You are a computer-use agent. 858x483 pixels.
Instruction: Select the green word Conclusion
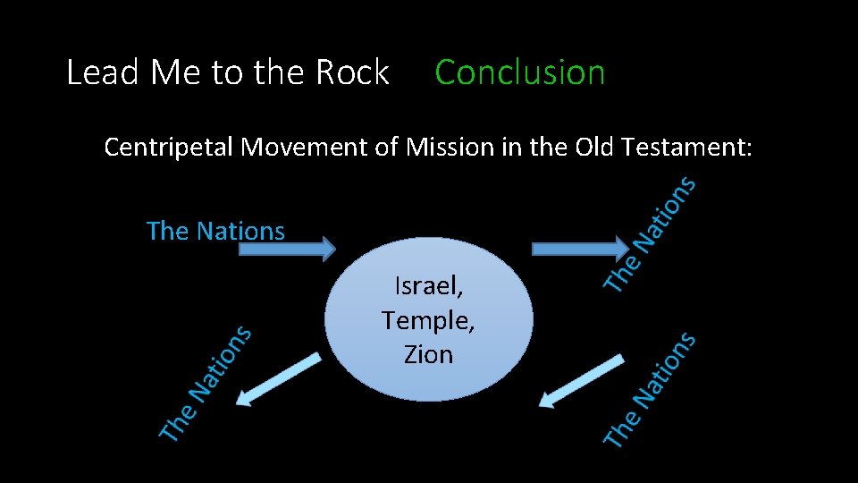tap(519, 72)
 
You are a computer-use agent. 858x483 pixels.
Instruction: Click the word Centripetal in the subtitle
tap(170, 147)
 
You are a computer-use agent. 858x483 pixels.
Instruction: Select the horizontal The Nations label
tap(215, 231)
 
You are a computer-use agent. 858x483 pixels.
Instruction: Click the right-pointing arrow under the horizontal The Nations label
tap(286, 249)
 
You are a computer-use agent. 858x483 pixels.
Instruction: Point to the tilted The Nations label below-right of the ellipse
tap(650, 388)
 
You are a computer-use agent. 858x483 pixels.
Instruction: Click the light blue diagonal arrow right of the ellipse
tap(581, 381)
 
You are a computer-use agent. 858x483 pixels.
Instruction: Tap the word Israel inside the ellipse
tap(427, 286)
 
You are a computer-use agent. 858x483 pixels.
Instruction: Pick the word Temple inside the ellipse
tap(427, 319)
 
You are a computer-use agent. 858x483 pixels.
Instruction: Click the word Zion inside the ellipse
tap(428, 354)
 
